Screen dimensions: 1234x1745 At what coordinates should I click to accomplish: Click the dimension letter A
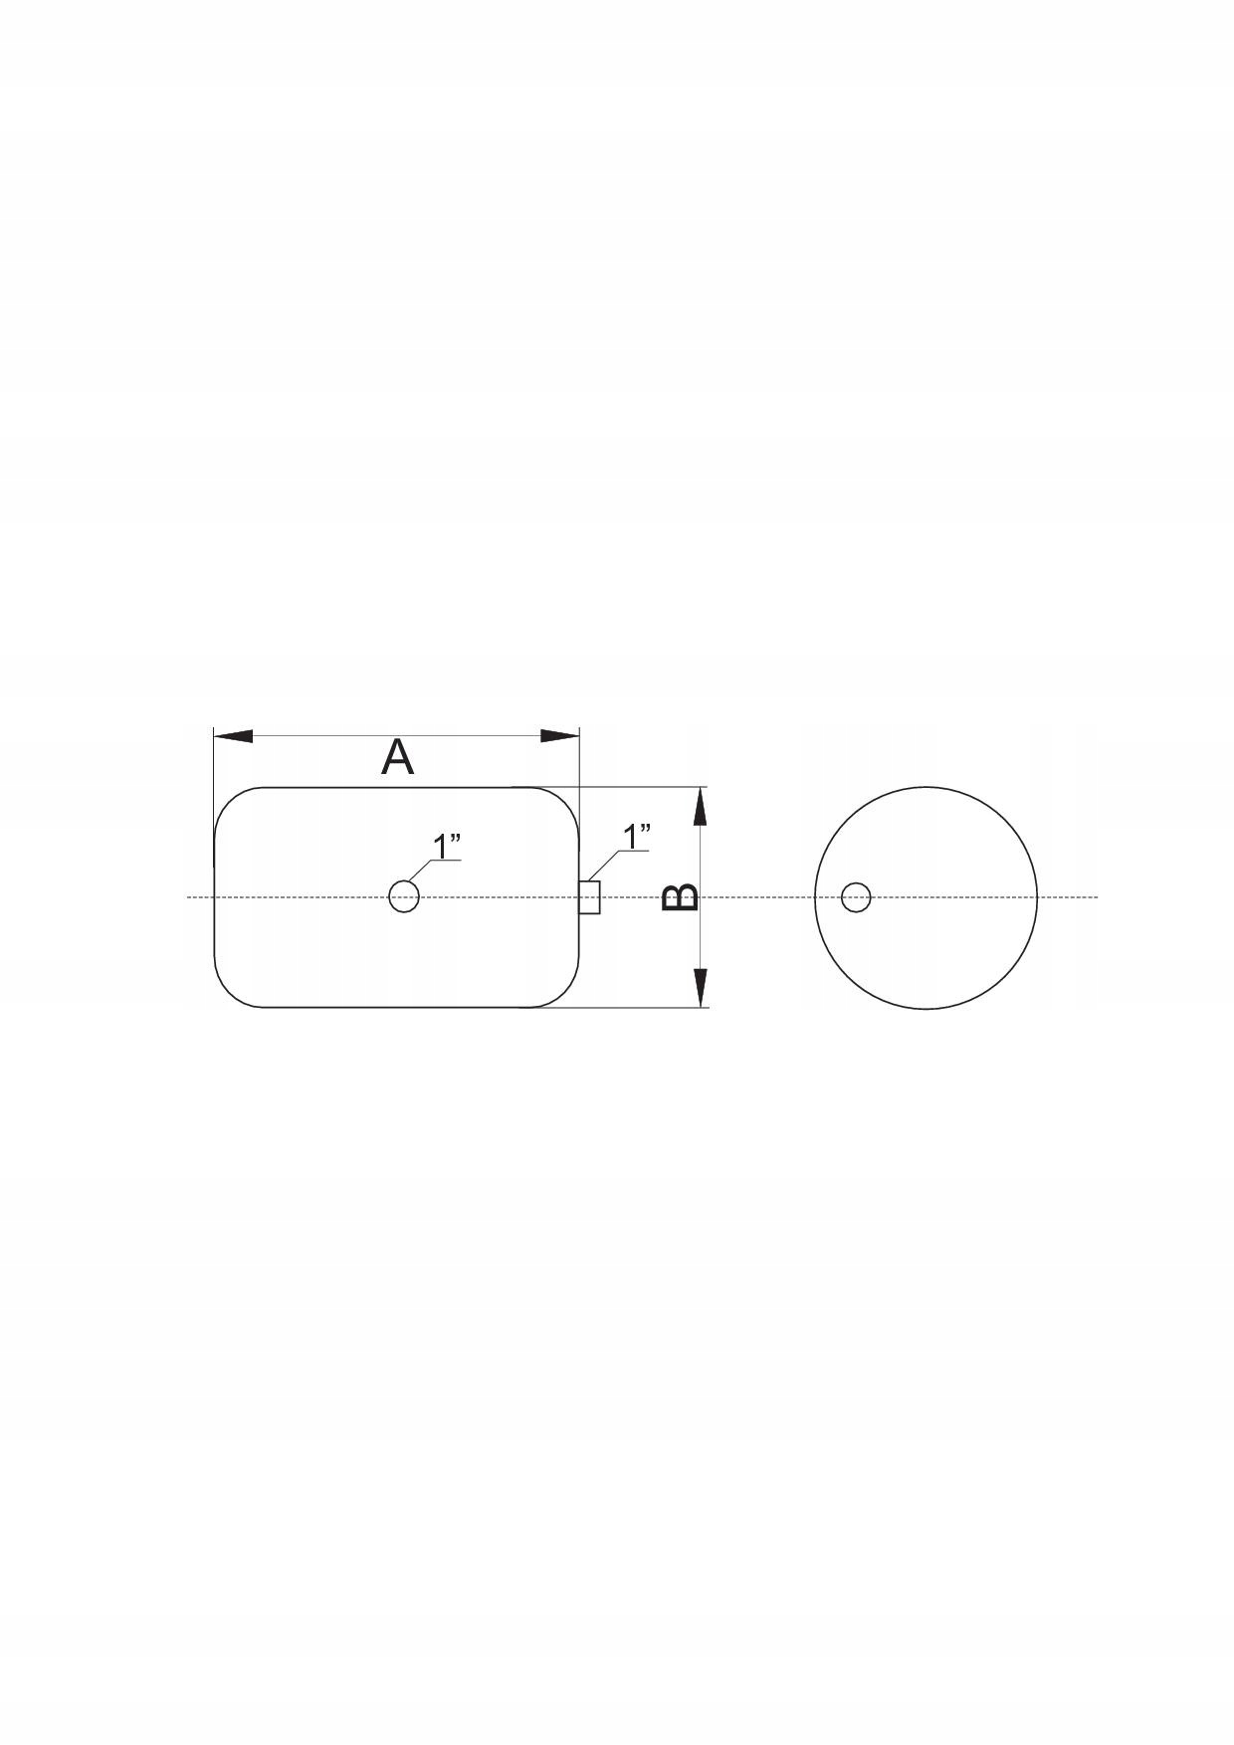tap(397, 758)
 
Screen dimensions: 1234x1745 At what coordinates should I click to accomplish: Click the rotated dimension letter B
tap(681, 897)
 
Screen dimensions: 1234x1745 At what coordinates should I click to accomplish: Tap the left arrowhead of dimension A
tap(233, 736)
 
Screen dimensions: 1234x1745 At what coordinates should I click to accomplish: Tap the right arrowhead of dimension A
tap(559, 736)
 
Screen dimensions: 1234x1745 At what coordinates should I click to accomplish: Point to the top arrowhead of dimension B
tap(701, 807)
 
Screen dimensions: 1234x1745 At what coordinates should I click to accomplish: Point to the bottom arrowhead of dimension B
tap(701, 987)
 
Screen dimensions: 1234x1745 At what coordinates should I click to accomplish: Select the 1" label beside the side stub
tap(636, 836)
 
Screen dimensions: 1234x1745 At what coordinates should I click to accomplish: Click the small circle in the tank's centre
tap(403, 896)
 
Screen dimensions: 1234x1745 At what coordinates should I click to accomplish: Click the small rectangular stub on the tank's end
tap(590, 897)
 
